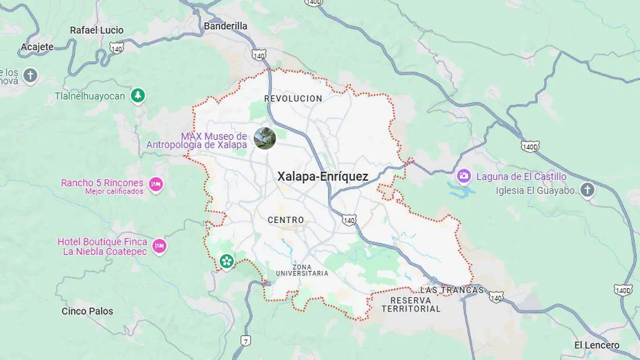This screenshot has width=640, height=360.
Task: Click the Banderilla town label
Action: point(226,26)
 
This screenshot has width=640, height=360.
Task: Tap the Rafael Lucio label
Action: point(97,30)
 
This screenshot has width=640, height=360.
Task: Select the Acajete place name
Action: point(37,47)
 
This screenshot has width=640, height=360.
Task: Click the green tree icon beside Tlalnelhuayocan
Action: point(138,96)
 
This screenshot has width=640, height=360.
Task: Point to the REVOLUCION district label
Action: point(293,99)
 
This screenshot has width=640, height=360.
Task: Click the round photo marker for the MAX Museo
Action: point(265,138)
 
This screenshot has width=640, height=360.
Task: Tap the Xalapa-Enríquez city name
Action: point(323,177)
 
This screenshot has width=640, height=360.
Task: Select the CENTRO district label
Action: point(286,220)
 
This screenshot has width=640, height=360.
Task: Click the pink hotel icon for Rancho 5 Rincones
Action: point(156,185)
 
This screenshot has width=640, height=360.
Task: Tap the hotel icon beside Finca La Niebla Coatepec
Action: point(159,246)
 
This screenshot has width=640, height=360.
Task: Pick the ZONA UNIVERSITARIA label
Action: point(302,270)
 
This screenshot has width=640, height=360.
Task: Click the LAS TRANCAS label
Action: point(452,290)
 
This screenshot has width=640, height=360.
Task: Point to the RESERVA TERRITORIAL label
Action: point(411,305)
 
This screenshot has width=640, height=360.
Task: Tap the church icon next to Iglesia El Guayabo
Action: point(587,190)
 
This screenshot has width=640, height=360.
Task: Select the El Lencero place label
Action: point(597,345)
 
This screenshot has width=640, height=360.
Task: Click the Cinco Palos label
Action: point(87,311)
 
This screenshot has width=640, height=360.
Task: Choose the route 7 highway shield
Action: point(245,340)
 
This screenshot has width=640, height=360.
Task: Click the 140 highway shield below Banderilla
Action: point(259,54)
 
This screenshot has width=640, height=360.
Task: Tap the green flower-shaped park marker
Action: point(227,261)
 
